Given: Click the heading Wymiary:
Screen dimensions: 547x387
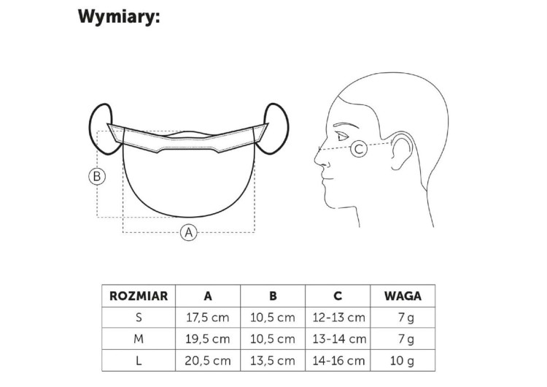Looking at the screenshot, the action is coord(119,17).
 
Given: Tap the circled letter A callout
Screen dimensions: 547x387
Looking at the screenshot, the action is coord(189,232).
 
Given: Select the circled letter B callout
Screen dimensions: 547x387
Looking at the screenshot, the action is coord(97,176).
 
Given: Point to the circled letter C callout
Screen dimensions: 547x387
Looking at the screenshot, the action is coord(359,149).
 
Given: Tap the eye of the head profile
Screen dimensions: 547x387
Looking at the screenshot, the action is coord(342,136).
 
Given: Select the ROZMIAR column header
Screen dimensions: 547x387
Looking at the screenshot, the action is coord(139,296).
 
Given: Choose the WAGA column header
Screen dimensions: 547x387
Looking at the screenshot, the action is coord(403,296).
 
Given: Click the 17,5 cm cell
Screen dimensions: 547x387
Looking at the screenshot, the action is coord(208,318).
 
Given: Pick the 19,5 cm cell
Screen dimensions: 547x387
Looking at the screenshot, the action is coord(208,339).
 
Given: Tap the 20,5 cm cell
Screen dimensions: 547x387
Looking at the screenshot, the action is coord(208,361).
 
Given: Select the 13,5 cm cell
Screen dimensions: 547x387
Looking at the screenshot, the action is coord(273,361).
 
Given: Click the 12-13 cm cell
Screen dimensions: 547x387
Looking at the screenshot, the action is coord(338,318).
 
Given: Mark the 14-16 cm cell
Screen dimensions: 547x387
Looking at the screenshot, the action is coord(338,361).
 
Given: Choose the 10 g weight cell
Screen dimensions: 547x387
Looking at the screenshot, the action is coord(402,361).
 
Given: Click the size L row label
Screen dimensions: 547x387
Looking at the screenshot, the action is coord(139,361).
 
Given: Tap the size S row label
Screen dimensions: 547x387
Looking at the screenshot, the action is coord(139,318).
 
